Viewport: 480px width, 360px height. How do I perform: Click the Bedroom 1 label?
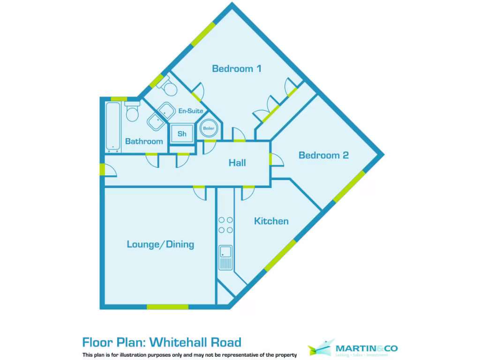coord(236,69)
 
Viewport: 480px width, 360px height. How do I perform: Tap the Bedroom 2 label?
coord(323,155)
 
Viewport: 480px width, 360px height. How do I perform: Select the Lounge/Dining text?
coord(160,244)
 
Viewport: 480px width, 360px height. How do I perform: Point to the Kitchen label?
coord(271,221)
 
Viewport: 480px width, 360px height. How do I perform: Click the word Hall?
coord(237,163)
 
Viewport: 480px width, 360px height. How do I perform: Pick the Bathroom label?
coord(144,141)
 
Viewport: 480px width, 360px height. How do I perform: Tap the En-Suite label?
coord(190,111)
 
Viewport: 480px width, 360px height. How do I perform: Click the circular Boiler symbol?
coord(209,128)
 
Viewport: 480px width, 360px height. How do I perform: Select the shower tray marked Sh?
coord(182,134)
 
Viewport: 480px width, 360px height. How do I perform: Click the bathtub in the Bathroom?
coord(112,127)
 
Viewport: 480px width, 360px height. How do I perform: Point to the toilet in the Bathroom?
coord(132,112)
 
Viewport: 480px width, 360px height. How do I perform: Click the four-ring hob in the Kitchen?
coord(225,225)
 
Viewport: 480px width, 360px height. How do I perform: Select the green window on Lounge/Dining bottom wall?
coord(167,307)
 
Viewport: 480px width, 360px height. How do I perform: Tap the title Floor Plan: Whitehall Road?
coord(162,342)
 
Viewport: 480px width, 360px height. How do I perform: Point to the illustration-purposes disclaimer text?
coord(189,355)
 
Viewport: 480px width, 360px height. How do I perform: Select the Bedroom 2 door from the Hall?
coord(276,159)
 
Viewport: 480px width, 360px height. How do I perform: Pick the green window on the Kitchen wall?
coord(280,255)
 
